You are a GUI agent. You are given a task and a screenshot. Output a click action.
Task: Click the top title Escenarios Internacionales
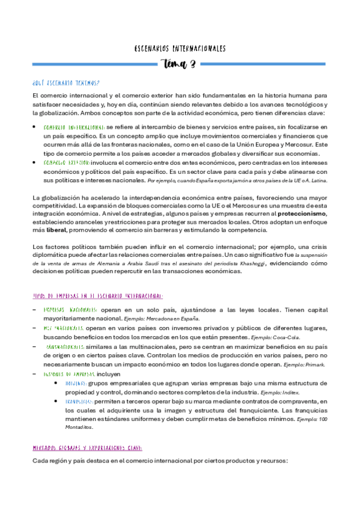[180, 48]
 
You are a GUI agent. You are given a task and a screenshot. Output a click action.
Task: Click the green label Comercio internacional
[75, 128]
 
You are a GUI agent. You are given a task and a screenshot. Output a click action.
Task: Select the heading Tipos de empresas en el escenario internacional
[97, 296]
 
